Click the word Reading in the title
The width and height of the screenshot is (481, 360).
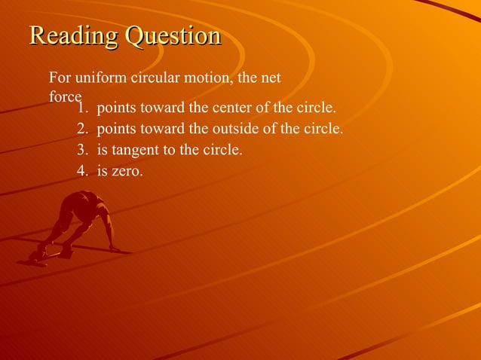click(74, 36)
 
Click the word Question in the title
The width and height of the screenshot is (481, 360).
click(173, 36)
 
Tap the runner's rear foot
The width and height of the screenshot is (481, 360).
click(35, 256)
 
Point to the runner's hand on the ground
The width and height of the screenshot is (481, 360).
click(114, 248)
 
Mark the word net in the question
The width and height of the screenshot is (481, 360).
click(270, 78)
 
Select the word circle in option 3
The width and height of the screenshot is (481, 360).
click(225, 150)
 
